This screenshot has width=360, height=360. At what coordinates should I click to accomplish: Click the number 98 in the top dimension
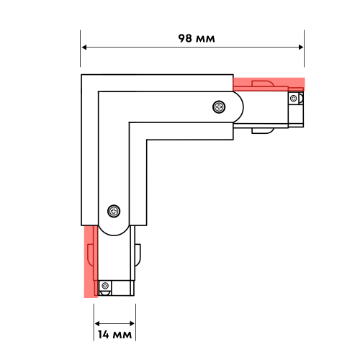(x=185, y=38)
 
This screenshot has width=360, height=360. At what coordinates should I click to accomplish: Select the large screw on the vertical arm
(x=113, y=211)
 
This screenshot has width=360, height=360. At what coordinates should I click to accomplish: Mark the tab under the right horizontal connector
(x=261, y=131)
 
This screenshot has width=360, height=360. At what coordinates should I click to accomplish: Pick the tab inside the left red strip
(x=89, y=254)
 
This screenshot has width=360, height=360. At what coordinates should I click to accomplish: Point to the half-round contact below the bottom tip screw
(x=105, y=294)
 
